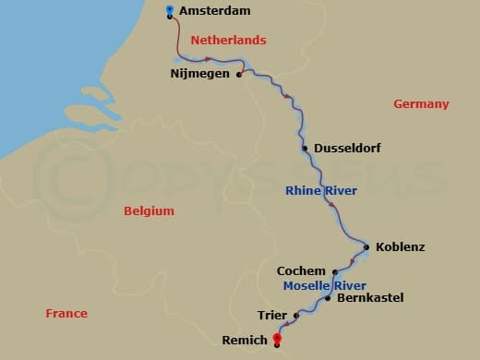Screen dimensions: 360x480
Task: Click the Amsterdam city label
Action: (217, 12)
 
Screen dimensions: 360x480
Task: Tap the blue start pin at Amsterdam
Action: (169, 10)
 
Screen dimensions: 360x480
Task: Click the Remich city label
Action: (244, 341)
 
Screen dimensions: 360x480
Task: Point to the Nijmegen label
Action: (200, 73)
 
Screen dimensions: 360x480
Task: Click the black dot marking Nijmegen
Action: (239, 76)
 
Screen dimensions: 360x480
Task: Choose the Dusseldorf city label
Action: (347, 148)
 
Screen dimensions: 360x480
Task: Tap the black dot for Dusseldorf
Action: (305, 148)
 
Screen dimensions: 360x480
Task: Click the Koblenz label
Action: (401, 246)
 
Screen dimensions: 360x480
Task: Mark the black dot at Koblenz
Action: (366, 246)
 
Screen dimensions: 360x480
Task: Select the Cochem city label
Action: (301, 271)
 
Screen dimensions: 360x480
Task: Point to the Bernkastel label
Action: (370, 298)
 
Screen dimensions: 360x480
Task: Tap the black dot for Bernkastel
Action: (329, 298)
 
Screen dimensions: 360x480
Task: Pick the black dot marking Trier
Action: (296, 316)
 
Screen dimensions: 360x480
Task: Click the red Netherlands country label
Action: (228, 41)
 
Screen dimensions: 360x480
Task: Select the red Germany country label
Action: (421, 104)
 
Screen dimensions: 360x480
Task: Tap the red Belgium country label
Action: (149, 211)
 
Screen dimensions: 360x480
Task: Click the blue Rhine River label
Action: (321, 191)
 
